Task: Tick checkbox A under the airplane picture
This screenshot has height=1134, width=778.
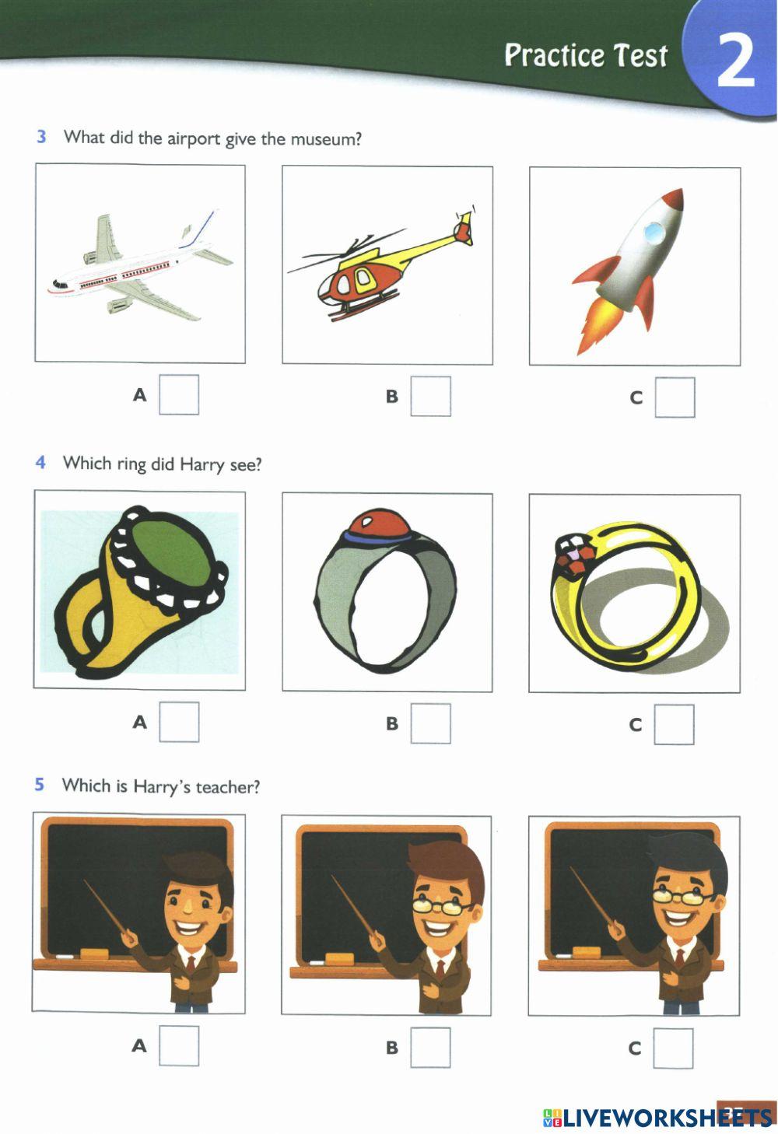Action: click(179, 395)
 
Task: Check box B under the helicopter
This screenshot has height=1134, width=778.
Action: click(430, 397)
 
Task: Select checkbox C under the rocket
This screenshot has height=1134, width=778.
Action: click(675, 397)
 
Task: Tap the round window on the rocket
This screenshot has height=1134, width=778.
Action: click(654, 229)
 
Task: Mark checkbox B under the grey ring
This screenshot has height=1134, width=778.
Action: click(430, 723)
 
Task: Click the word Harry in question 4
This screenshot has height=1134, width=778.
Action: click(202, 464)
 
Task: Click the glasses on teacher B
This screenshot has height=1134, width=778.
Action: click(441, 905)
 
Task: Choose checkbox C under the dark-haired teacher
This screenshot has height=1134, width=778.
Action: click(673, 1048)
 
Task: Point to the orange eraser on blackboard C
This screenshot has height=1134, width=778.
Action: click(586, 951)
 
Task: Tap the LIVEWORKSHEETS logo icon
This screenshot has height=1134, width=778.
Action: click(552, 1118)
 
